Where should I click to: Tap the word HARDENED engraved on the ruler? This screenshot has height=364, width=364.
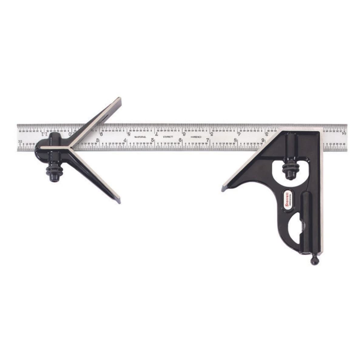196,137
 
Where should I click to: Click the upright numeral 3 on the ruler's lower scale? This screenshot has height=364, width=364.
98,140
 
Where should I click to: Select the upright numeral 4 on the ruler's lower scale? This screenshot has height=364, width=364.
126,140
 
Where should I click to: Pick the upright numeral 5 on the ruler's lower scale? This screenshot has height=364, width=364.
153,140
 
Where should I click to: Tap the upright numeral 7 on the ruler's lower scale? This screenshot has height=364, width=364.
208,140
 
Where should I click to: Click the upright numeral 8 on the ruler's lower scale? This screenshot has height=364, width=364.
236,140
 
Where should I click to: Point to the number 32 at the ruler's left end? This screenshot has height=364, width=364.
20,142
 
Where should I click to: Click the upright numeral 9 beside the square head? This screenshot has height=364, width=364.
263,140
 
